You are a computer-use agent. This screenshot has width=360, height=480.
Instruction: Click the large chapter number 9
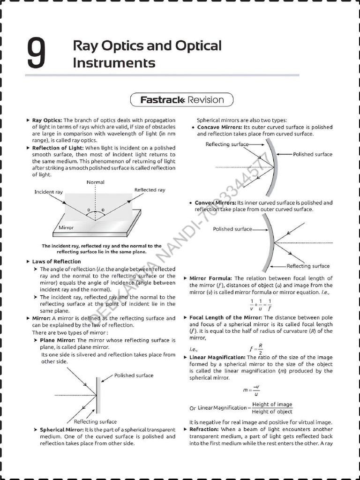click(x=36, y=54)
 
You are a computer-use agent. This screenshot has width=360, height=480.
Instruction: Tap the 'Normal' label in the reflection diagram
click(x=96, y=182)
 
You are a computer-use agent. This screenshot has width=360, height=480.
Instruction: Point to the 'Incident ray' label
click(x=48, y=192)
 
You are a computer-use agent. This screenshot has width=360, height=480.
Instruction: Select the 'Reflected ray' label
click(x=150, y=190)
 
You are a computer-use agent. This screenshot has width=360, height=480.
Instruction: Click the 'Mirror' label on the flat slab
click(x=66, y=227)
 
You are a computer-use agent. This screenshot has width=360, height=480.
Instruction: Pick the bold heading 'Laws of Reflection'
click(x=56, y=262)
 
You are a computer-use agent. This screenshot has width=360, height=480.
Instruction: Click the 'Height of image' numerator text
click(x=272, y=405)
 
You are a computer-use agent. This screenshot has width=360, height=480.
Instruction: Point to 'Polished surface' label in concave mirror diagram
click(x=313, y=154)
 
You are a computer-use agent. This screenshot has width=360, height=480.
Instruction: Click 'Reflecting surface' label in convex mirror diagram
click(x=308, y=266)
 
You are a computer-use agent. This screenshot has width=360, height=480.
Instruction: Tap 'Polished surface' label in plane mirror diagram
click(x=134, y=375)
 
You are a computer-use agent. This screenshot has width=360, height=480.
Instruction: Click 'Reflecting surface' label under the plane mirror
click(x=95, y=421)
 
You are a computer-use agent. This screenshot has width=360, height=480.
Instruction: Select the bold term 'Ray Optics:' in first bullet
click(x=46, y=120)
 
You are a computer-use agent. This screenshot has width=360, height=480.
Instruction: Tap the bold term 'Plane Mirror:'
click(x=58, y=340)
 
